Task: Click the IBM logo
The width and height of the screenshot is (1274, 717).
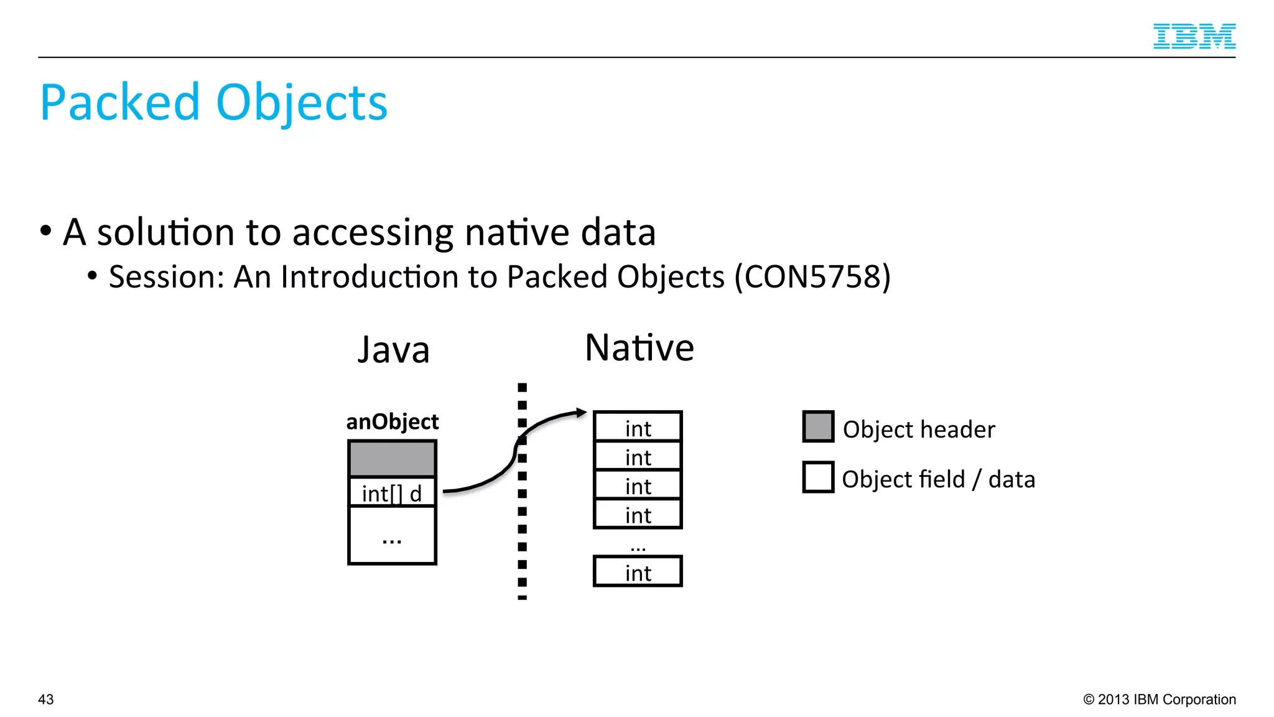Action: [x=1194, y=36]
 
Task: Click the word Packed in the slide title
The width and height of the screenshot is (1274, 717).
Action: [x=119, y=103]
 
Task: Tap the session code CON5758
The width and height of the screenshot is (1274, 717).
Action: [x=812, y=277]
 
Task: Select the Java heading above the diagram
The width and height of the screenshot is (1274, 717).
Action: [x=393, y=350]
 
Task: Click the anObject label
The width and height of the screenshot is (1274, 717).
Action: [x=392, y=422]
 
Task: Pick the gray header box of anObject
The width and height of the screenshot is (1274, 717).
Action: [x=392, y=459]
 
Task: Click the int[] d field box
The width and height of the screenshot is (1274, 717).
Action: [x=392, y=493]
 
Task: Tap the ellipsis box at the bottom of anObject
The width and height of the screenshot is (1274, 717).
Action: [x=392, y=536]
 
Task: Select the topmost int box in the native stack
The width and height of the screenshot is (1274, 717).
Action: [x=638, y=427]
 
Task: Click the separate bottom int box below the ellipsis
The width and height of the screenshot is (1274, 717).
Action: [x=638, y=572]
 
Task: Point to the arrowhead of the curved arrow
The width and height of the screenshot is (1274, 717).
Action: [x=582, y=412]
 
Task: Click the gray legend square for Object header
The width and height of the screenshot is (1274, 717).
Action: [x=818, y=426]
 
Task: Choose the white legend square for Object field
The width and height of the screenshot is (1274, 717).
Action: [x=818, y=477]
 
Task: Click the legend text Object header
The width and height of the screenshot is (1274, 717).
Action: [x=919, y=429]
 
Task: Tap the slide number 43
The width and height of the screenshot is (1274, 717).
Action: [x=46, y=700]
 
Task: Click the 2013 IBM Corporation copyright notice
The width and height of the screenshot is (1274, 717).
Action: [x=1160, y=700]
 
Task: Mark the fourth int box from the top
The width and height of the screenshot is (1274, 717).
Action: [x=638, y=514]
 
